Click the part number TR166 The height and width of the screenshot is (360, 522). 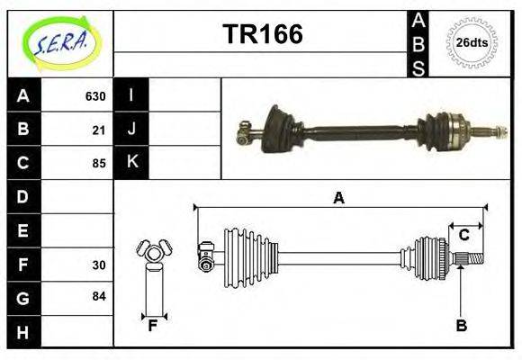pos(262,34)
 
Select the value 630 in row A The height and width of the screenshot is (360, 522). pos(95,96)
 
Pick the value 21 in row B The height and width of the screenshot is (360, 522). pos(99,130)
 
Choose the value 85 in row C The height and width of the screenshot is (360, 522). pos(99,164)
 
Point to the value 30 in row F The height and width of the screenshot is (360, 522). pos(99,265)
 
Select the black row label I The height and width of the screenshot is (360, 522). pos(131,96)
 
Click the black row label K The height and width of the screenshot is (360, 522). pos(131,163)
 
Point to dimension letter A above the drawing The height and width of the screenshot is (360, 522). pos(338,198)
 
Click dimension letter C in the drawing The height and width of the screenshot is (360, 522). pos(464,235)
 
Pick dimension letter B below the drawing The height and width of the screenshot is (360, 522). pos(461,326)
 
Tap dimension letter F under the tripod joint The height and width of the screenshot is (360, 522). pos(153,326)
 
